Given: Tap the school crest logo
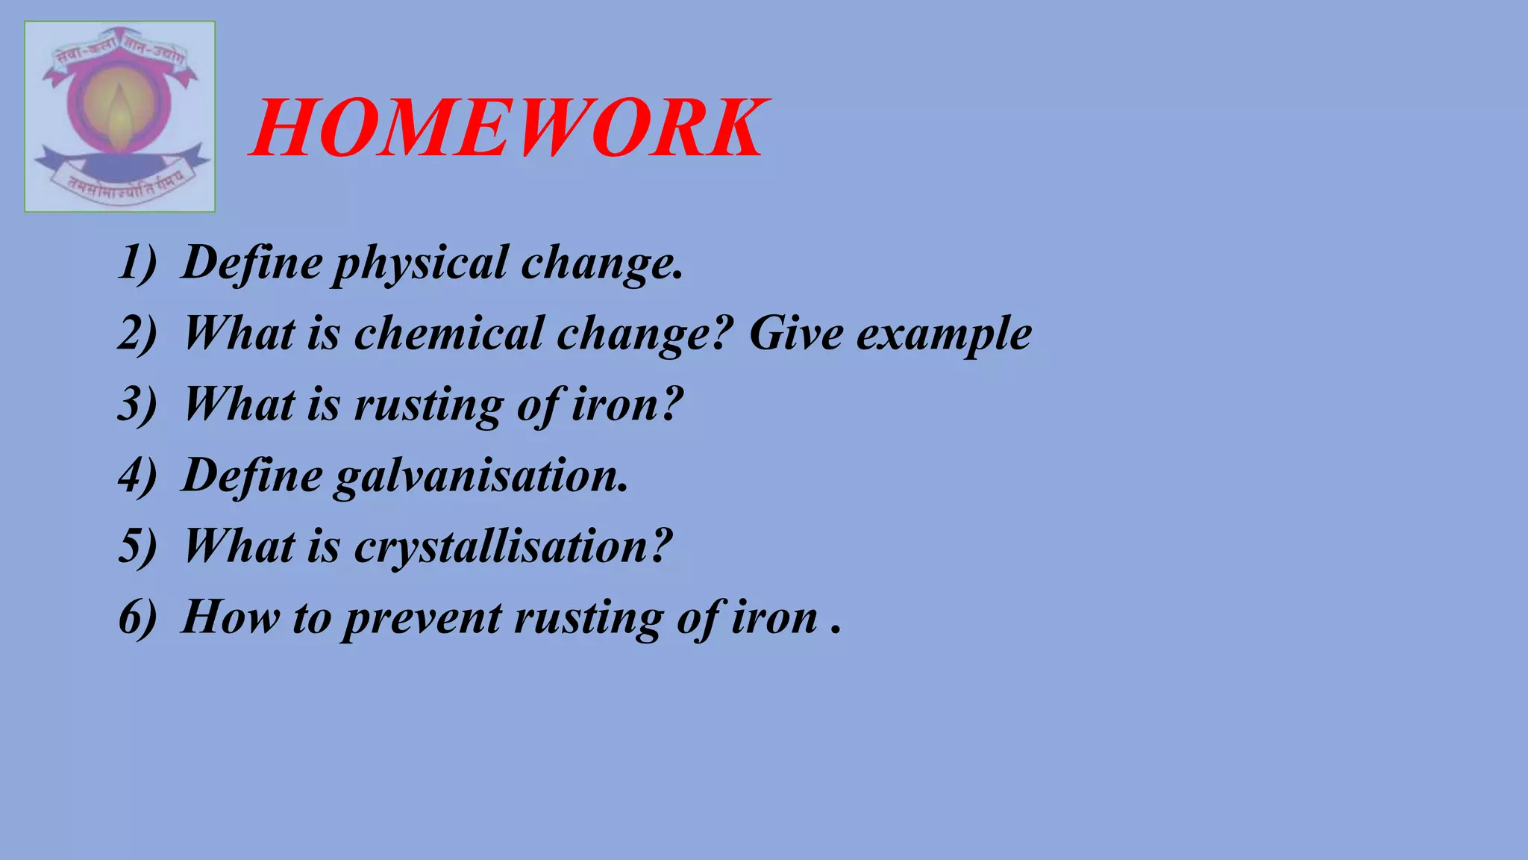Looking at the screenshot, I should [119, 116].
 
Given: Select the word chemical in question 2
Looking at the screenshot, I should [448, 333].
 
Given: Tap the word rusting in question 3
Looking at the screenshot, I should [428, 405].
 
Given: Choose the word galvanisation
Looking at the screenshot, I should [480, 476].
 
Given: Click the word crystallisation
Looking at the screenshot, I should [513, 547].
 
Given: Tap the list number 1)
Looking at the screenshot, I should [137, 264].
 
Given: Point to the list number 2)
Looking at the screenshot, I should [137, 333].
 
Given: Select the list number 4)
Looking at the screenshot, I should [137, 475].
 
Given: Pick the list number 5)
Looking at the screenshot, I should [137, 546].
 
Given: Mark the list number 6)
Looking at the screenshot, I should [137, 617].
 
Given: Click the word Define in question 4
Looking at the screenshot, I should [252, 475].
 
